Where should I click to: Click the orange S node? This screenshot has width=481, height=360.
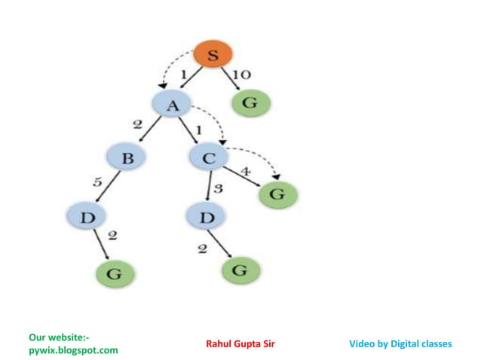coord(213,56)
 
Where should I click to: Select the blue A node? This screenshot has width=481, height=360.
coord(173,105)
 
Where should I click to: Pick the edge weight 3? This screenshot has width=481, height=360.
coord(219,188)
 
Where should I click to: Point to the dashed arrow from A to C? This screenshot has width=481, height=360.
coord(213,121)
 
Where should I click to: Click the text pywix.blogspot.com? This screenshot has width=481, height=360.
coord(73,350)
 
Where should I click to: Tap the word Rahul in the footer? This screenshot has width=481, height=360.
coord(220,344)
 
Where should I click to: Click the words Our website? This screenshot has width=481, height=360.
coord(64,337)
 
